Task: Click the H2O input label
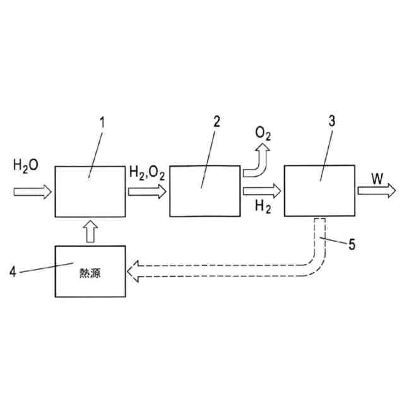tap(26, 166)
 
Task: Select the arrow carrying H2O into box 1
tap(32, 191)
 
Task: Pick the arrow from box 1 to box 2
tap(146, 191)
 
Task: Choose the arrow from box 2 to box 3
tap(261, 189)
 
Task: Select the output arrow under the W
tap(377, 190)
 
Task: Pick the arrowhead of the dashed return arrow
tap(134, 272)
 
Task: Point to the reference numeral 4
tap(14, 273)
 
